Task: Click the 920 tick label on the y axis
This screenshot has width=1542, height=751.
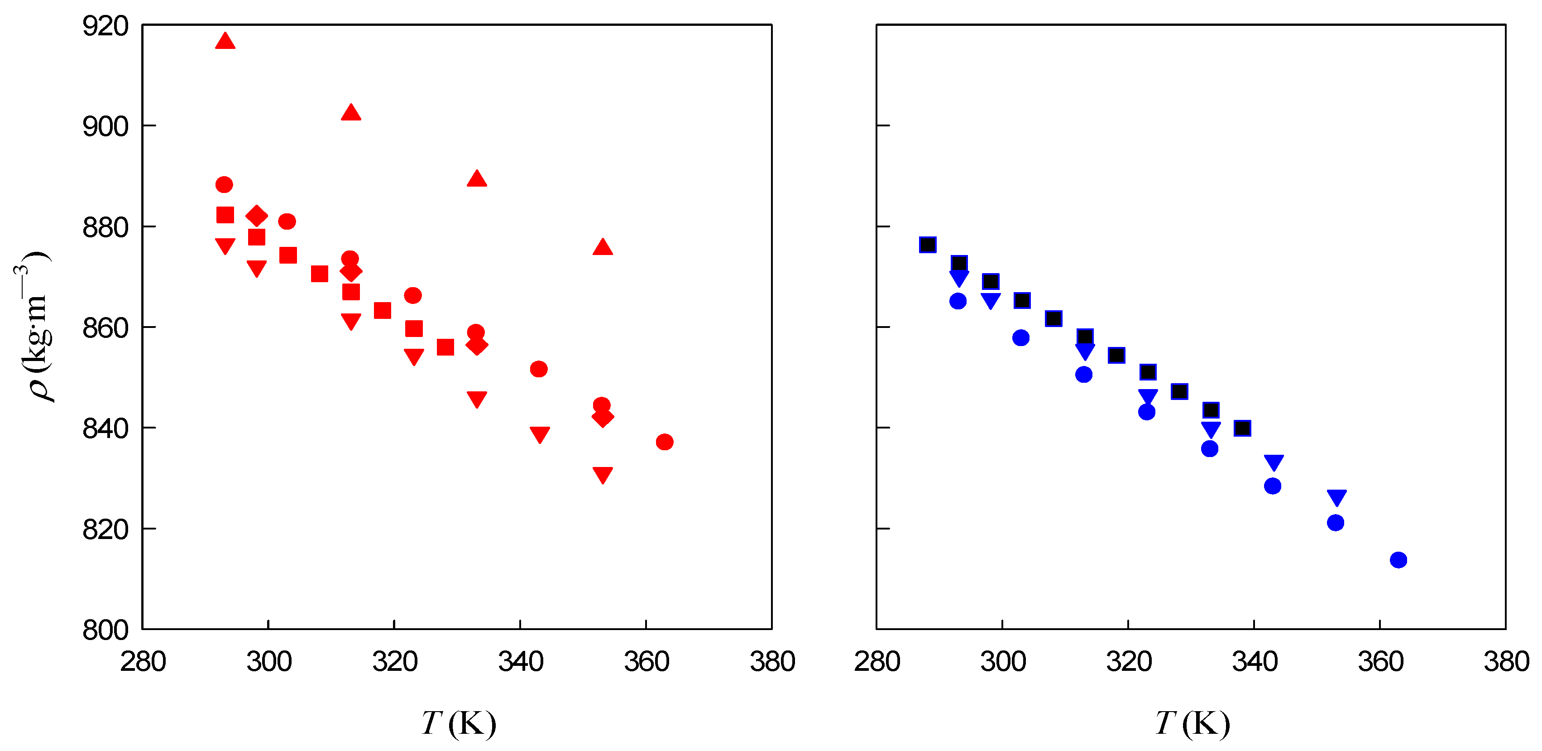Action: pyautogui.click(x=105, y=26)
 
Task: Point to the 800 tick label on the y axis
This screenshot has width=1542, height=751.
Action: pyautogui.click(x=105, y=630)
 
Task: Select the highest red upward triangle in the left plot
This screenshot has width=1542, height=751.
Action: pyautogui.click(x=225, y=41)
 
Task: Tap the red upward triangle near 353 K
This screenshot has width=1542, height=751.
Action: pyautogui.click(x=602, y=247)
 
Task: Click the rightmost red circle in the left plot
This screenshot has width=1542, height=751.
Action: pyautogui.click(x=665, y=442)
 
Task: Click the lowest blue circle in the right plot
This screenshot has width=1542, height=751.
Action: pyautogui.click(x=1398, y=560)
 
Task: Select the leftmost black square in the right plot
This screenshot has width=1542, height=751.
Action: pyautogui.click(x=927, y=244)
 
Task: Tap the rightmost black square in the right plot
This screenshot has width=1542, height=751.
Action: pyautogui.click(x=1242, y=428)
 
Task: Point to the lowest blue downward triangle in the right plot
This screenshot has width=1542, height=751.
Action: pyautogui.click(x=1336, y=497)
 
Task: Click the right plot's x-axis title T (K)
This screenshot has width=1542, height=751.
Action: pyautogui.click(x=1192, y=723)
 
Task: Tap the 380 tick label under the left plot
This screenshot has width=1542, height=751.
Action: pyautogui.click(x=772, y=662)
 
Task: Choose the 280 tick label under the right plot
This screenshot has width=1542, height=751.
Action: pyautogui.click(x=877, y=662)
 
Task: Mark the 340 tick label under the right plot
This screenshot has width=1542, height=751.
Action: pyautogui.click(x=1255, y=662)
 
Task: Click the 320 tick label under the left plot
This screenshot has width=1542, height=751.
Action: pyautogui.click(x=394, y=662)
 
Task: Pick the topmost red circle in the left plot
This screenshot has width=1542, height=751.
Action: pyautogui.click(x=224, y=184)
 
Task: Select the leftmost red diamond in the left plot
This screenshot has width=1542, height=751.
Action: pyautogui.click(x=256, y=216)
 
